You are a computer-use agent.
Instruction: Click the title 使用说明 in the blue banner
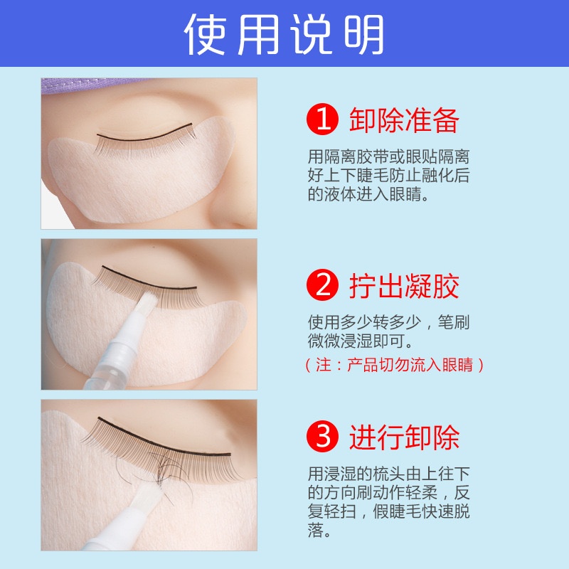coord(284,34)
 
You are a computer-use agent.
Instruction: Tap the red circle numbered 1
coord(322,119)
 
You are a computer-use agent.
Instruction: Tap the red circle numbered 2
coord(322,285)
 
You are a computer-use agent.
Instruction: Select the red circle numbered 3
coord(322,436)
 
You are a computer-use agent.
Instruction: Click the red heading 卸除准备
coord(404,119)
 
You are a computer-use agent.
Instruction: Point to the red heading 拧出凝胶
coord(404,286)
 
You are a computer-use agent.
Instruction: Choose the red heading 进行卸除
coord(404,437)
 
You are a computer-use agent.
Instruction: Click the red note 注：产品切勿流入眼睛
coord(395,365)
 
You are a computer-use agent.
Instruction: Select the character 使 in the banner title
coord(206,34)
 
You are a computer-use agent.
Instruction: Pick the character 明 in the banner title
coord(363,34)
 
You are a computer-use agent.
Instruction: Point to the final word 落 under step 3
coord(316,530)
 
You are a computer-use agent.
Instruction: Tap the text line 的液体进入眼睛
coord(368,194)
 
